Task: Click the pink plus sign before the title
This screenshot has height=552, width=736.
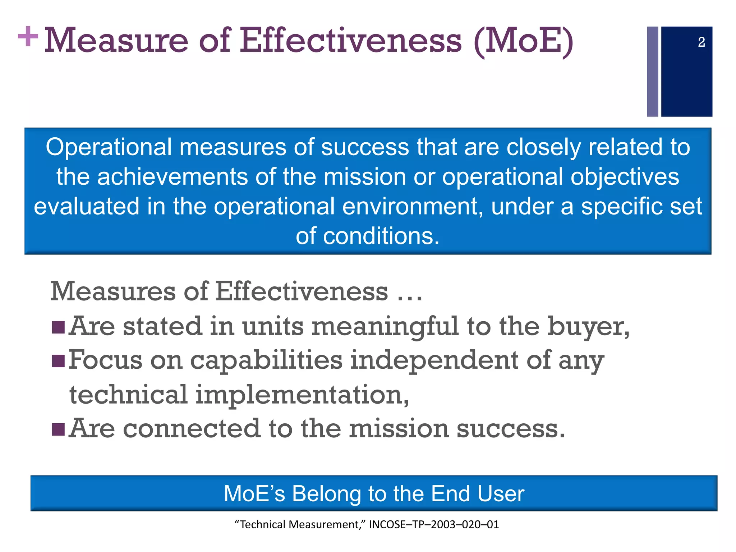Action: click(28, 36)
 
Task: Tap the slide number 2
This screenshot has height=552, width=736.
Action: click(701, 42)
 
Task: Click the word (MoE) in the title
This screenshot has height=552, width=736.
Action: click(524, 42)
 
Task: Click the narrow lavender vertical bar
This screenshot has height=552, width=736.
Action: click(652, 72)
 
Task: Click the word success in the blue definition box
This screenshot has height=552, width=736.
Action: click(365, 147)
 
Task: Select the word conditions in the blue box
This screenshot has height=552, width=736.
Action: click(381, 236)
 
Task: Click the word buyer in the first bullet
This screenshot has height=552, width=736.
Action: click(588, 327)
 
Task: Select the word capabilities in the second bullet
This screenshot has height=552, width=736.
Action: click(266, 360)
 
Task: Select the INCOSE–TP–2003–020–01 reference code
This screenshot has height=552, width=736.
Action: click(434, 525)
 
